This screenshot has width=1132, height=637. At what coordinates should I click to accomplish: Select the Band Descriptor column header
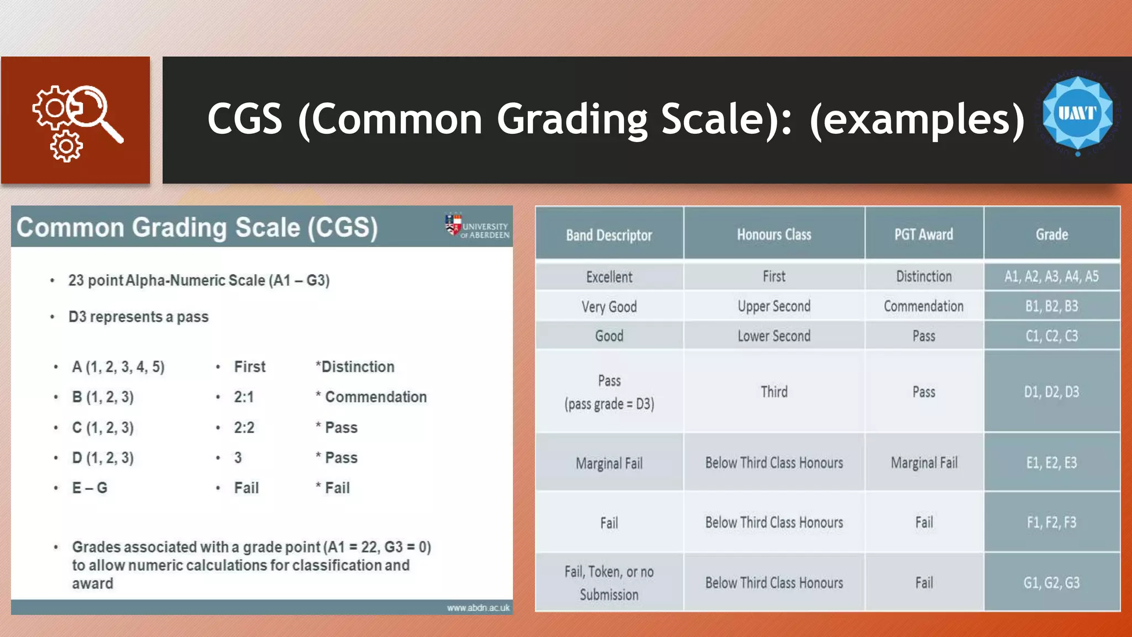click(609, 235)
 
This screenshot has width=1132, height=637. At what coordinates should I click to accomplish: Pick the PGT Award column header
click(924, 234)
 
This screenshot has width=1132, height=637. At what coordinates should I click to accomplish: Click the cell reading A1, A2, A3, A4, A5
click(1051, 276)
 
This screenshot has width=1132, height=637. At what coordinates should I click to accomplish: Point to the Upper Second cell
click(774, 306)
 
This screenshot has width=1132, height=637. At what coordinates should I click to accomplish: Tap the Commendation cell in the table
click(923, 306)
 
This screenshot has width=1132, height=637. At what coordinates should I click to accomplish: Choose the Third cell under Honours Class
click(774, 392)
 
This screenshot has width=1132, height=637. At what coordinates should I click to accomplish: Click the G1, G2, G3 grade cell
click(1051, 583)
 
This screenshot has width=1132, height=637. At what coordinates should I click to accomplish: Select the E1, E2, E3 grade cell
click(1051, 463)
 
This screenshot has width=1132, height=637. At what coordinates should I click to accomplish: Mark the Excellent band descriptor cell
click(609, 277)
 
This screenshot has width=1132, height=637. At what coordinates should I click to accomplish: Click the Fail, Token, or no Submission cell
click(609, 583)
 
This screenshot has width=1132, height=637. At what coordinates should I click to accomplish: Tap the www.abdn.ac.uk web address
click(478, 608)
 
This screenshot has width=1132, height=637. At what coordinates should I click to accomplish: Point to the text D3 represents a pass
click(138, 317)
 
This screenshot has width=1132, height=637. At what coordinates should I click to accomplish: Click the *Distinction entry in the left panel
click(355, 367)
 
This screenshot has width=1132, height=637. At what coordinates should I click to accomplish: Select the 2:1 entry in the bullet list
click(244, 397)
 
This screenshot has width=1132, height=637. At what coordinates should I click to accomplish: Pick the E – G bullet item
click(90, 488)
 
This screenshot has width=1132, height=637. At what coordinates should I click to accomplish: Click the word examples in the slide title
click(917, 119)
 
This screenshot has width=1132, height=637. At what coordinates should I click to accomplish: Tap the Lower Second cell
click(774, 336)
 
